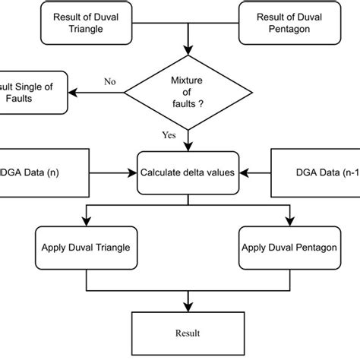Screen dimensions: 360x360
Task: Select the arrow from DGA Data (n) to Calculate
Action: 106,172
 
